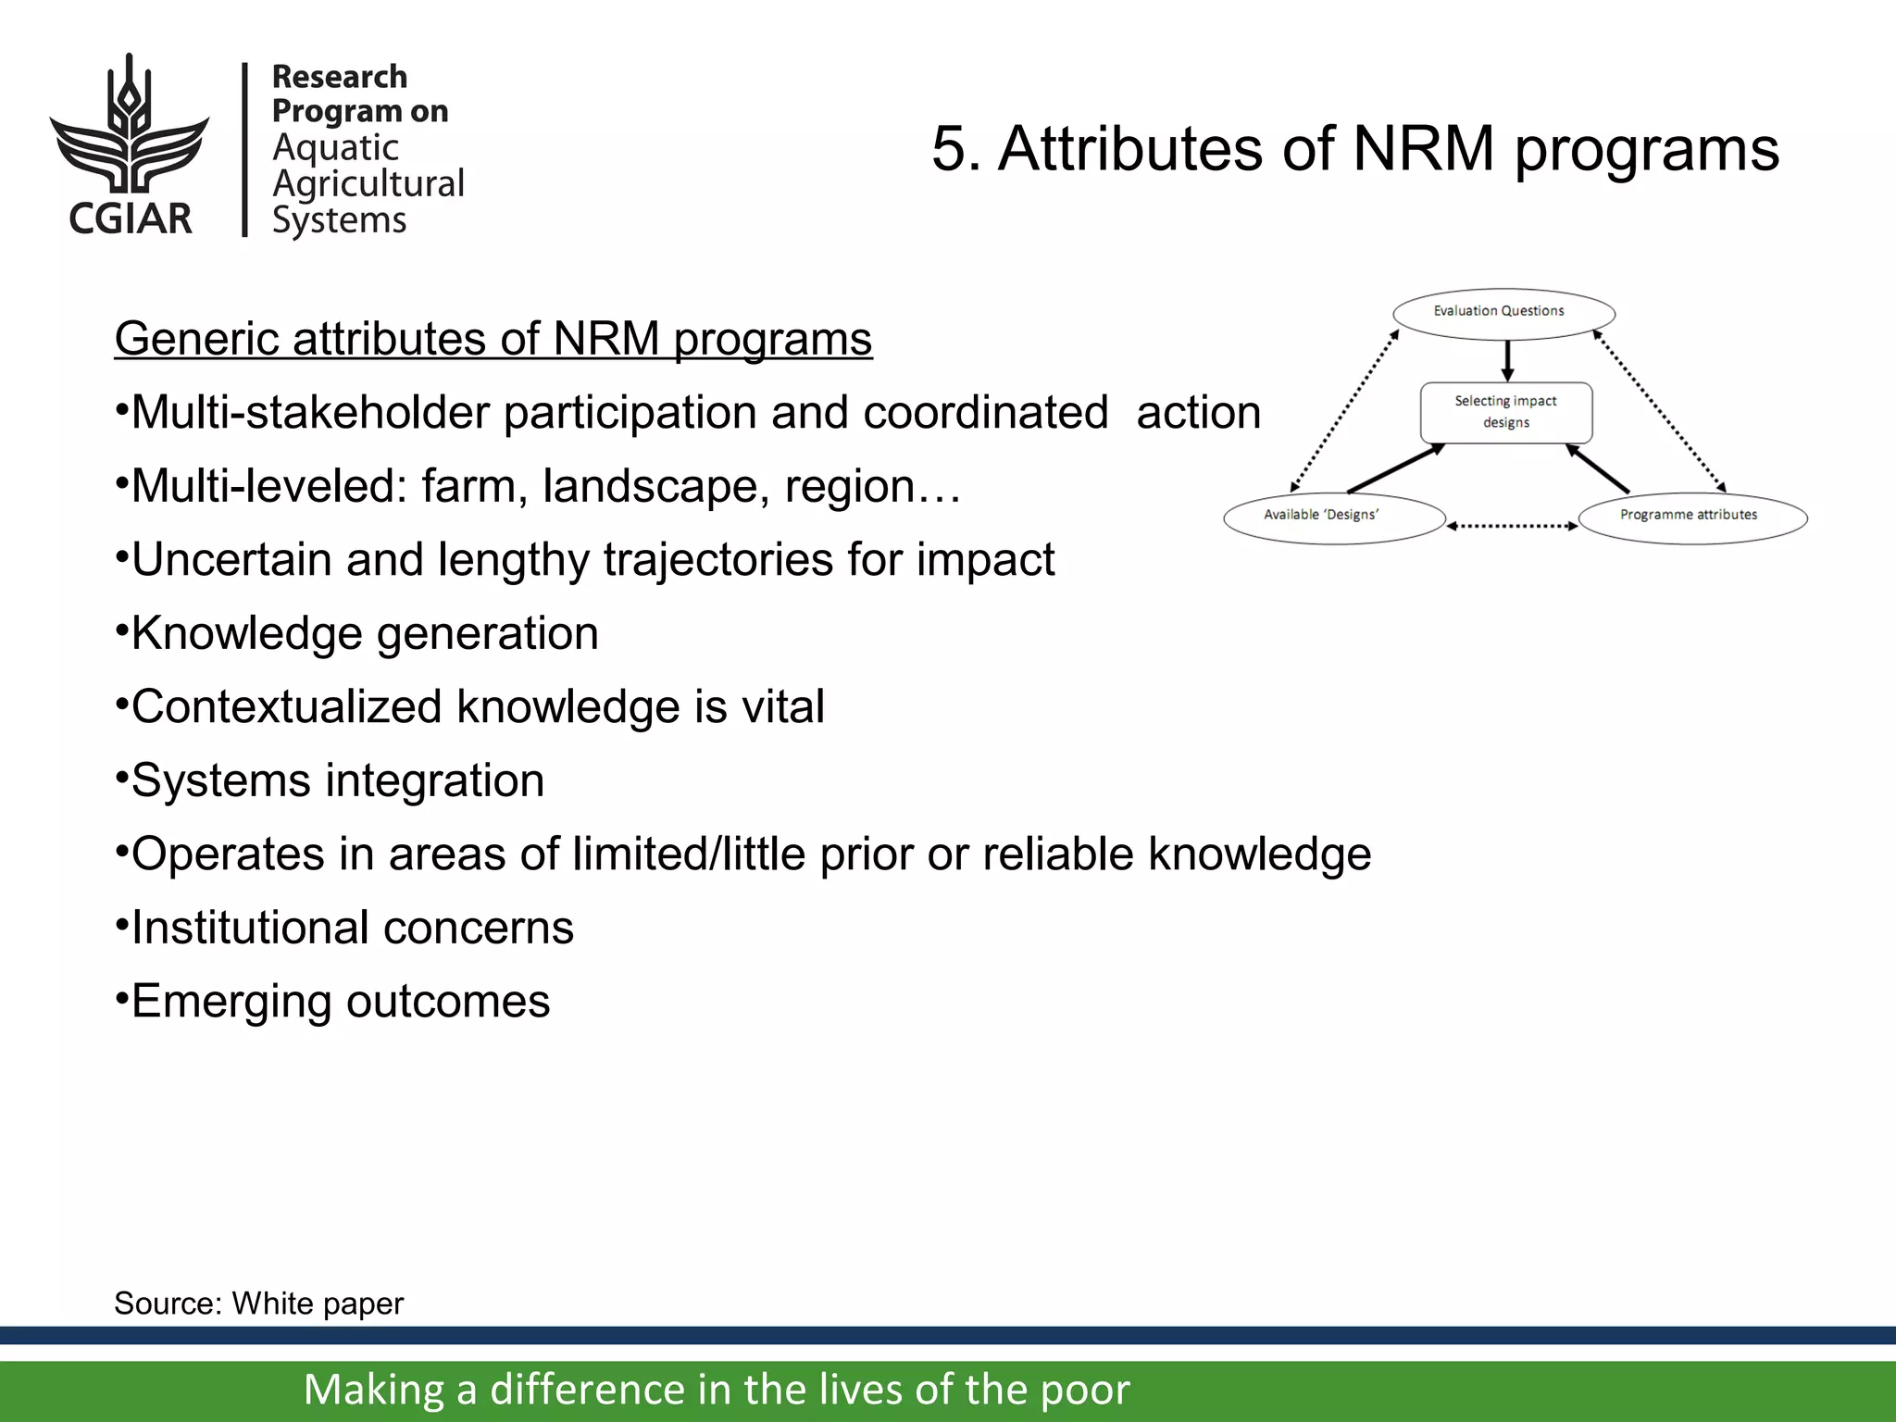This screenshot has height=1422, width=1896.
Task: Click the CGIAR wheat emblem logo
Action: click(130, 125)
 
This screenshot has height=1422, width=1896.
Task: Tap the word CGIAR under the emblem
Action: click(131, 218)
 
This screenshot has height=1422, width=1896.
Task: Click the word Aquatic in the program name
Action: click(335, 148)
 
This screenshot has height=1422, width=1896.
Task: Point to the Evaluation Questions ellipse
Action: click(1503, 313)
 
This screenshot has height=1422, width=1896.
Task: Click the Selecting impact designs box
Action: click(1506, 413)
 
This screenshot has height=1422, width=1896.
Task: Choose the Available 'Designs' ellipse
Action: click(1333, 517)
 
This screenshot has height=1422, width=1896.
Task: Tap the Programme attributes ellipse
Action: click(1692, 517)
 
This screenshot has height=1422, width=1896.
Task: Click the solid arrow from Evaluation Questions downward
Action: click(1507, 361)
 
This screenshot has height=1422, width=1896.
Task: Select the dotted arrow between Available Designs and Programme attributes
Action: click(1512, 526)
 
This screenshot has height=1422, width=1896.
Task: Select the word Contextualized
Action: click(287, 707)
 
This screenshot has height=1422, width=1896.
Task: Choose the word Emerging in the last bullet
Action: click(231, 1002)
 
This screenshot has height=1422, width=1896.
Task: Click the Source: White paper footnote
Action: click(259, 1303)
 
